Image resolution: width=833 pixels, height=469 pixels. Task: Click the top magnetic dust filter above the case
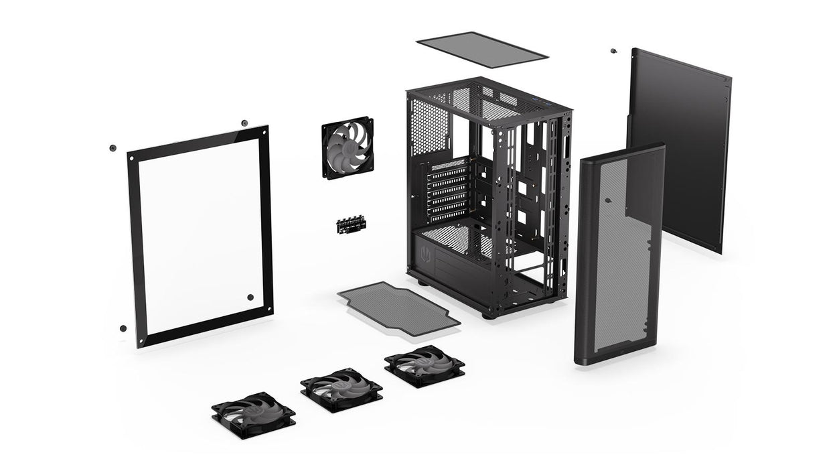(x=482, y=50)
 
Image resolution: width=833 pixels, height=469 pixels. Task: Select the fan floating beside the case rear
(x=348, y=148)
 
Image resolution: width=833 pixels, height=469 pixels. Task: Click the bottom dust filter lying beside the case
(x=398, y=308)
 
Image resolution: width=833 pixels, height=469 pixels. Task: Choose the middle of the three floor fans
(x=342, y=389)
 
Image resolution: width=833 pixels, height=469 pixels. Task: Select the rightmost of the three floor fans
(x=425, y=365)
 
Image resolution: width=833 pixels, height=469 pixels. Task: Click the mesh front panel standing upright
(x=619, y=255)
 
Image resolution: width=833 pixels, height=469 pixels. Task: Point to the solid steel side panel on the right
(x=678, y=147)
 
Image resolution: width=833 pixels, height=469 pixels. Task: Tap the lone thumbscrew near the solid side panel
(x=613, y=51)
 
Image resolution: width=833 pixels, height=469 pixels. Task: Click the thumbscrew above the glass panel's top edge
(x=244, y=123)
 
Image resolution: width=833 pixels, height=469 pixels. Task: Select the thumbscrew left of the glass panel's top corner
(x=112, y=148)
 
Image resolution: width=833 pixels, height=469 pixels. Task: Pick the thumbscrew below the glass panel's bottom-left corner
(x=123, y=328)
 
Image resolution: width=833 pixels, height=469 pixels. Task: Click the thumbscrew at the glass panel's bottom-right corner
(x=250, y=297)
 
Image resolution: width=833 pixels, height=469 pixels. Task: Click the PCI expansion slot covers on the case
(x=447, y=191)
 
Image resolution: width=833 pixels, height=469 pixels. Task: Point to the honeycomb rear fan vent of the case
(x=429, y=127)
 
